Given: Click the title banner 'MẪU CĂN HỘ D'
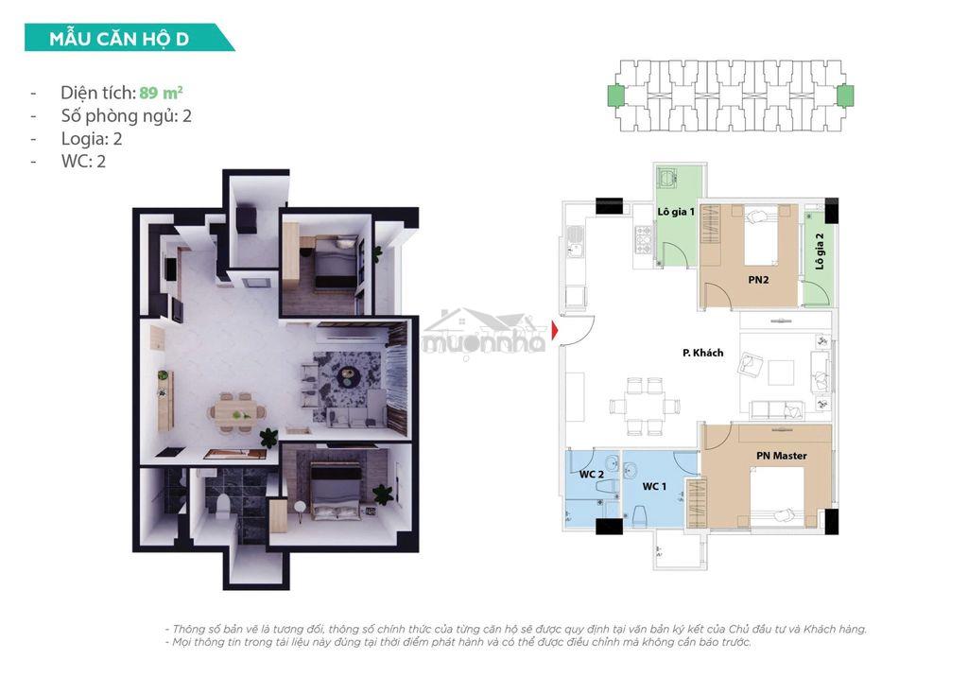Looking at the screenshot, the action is coord(129,38).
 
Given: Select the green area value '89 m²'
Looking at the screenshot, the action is coord(161,93).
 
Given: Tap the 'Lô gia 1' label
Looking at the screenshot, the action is coord(676,212).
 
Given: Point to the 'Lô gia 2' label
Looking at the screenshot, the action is coord(820,251).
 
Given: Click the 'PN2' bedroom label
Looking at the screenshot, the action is coord(758,280).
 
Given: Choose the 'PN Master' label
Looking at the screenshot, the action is coord(782,456).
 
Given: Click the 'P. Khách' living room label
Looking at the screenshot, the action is coord(702,353).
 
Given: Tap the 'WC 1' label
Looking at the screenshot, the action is coord(654,487).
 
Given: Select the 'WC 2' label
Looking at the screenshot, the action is coord(591,475).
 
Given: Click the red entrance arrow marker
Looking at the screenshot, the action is coord(555,331).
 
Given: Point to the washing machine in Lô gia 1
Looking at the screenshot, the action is coord(666,178).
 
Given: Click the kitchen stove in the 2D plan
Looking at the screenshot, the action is coord(643,239).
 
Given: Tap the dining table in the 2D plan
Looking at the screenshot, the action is coord(645,407).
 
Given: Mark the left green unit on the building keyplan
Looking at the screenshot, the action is coord(615,95).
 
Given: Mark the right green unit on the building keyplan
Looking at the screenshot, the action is coord(845,95).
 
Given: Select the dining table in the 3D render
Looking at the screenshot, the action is coord(235,410).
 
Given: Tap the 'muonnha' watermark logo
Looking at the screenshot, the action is coord(485,334).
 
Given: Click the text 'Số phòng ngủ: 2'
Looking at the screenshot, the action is coord(126,116).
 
